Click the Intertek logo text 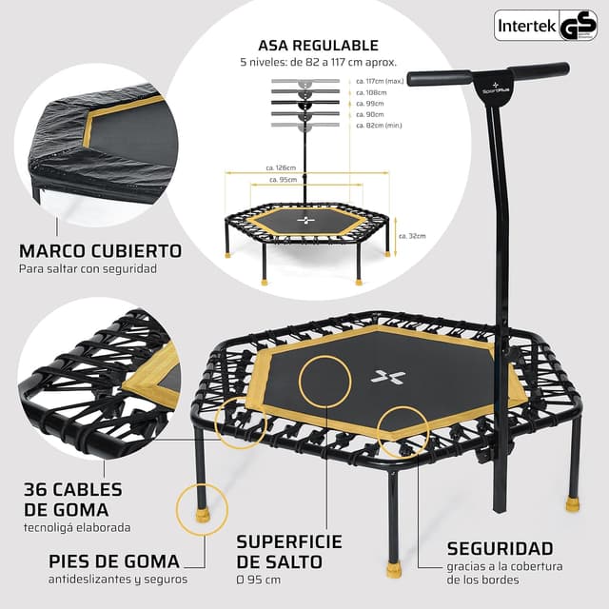point(527,26)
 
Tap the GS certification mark point(579,27)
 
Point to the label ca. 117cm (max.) point(378,82)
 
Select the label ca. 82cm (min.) point(377,125)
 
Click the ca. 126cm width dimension point(280,168)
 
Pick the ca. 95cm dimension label point(281,179)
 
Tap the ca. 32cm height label point(412,236)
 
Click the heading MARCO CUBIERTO point(100,251)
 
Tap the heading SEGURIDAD point(500,548)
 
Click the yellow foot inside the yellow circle point(202,515)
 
